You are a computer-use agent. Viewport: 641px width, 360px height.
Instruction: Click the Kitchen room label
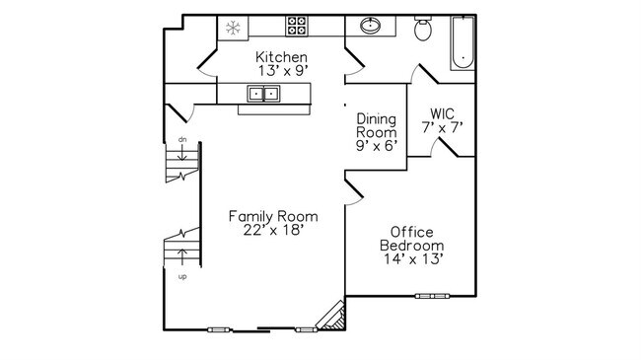[x=281, y=57]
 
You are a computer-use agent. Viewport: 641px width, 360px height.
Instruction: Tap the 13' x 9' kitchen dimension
[x=281, y=72]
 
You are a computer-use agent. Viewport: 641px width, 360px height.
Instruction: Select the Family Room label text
[x=272, y=216]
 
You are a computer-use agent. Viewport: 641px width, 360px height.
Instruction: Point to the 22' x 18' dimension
[x=272, y=231]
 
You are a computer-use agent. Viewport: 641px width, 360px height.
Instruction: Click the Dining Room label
[x=376, y=124]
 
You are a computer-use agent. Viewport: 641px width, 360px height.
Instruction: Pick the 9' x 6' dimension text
[x=376, y=146]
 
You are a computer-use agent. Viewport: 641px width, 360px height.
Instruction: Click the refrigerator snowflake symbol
[x=235, y=28]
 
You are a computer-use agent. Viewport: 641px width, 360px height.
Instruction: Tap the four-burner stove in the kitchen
[x=297, y=27]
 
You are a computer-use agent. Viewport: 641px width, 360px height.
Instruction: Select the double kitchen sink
[x=263, y=94]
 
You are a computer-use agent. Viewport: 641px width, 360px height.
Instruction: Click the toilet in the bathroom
[x=423, y=30]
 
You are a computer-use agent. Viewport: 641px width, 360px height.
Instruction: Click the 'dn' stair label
[x=182, y=140]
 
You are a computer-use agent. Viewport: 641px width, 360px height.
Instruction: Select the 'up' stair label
[x=182, y=277]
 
